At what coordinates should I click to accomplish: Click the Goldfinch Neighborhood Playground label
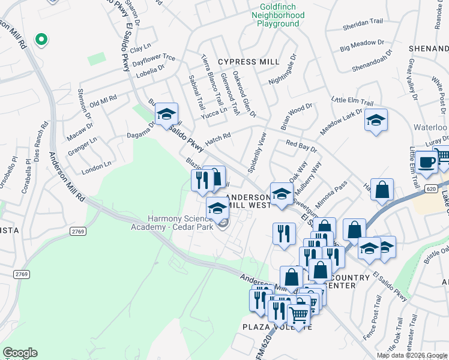tap(278, 14)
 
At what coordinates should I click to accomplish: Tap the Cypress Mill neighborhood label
tap(249, 62)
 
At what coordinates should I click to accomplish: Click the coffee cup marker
tap(427, 162)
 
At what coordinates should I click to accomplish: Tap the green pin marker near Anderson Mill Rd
tap(41, 40)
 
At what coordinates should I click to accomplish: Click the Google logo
tap(20, 353)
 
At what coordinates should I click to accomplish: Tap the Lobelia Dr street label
tap(148, 69)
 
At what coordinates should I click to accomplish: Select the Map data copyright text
tap(411, 355)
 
